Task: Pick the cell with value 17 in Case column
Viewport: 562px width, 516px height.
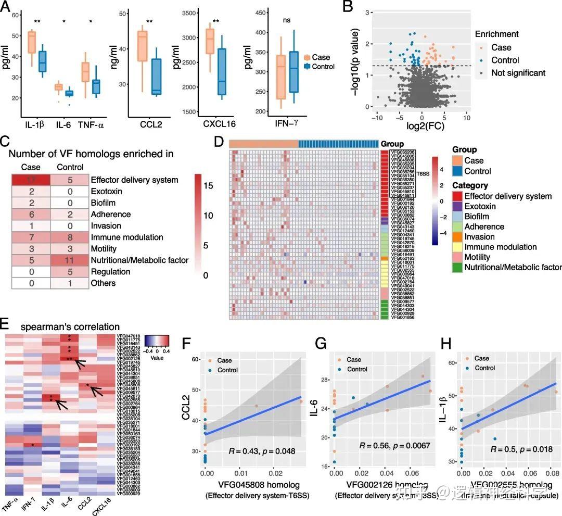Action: click(31, 180)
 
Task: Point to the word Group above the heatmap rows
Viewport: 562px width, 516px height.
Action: click(392, 144)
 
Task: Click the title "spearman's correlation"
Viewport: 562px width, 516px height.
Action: click(71, 327)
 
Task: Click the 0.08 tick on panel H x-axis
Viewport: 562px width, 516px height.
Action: click(556, 475)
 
